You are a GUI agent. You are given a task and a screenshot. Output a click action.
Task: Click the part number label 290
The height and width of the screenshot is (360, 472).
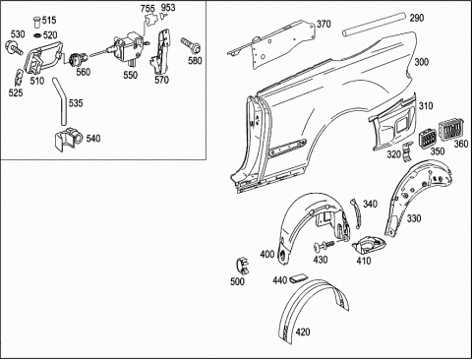(417, 18)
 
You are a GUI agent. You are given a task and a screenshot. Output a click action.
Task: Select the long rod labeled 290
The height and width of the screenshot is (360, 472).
(374, 24)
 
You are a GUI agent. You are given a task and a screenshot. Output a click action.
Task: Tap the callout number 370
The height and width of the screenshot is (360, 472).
(324, 24)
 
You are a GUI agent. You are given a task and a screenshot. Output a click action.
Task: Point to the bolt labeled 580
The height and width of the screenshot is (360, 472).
(191, 46)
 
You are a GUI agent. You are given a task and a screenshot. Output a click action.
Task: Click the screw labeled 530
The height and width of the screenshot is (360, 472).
(13, 47)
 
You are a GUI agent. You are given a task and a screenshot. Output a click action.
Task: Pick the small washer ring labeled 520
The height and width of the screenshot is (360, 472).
(37, 35)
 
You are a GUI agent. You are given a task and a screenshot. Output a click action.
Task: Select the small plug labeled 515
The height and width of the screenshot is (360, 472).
(37, 22)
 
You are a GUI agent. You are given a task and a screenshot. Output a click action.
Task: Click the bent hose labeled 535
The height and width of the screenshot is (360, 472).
(61, 100)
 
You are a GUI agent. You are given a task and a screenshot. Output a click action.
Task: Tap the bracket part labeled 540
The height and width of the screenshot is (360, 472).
(68, 140)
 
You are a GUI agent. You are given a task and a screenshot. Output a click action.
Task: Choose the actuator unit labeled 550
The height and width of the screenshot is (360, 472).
(129, 47)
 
